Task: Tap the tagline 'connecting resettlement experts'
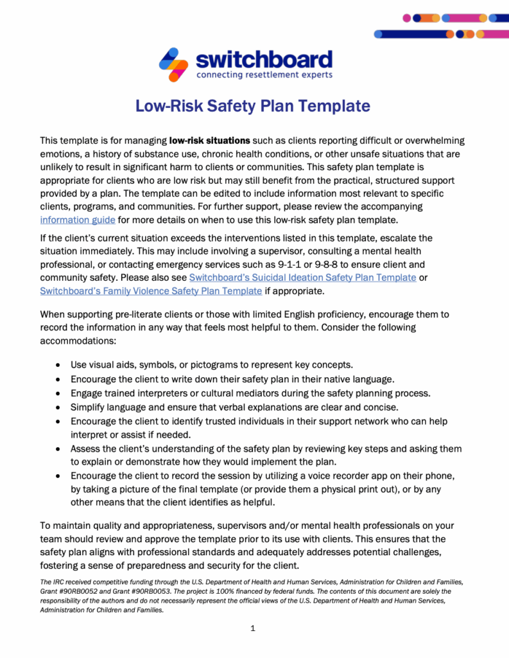tap(264, 75)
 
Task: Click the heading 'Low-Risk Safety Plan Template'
tap(253, 106)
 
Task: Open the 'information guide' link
tap(78, 220)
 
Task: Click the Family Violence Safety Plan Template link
tap(151, 290)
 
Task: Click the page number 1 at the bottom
tap(253, 628)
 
